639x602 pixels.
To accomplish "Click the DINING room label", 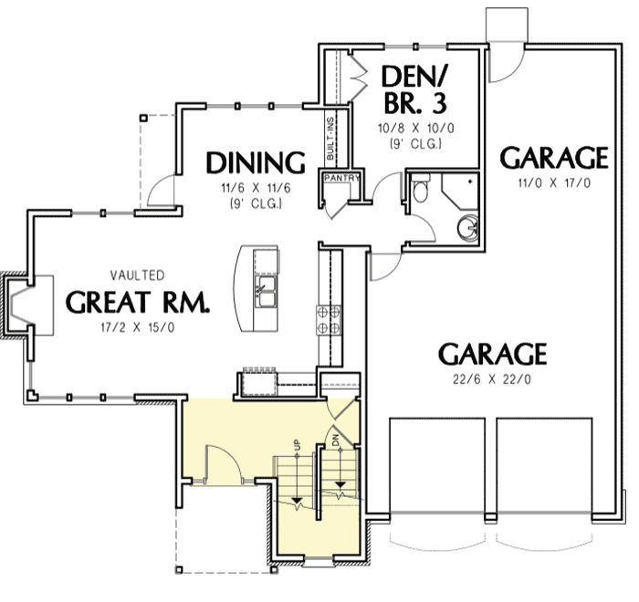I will (255, 163).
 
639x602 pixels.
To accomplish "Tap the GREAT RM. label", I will (137, 302).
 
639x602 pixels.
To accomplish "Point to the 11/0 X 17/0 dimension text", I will (553, 184).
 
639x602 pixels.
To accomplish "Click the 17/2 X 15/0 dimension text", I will (137, 327).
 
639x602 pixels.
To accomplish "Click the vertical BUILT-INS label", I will (330, 138).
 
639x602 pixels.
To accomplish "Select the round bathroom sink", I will (468, 225).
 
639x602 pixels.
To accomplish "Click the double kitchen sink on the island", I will (267, 295).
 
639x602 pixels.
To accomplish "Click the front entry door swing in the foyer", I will (222, 464).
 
